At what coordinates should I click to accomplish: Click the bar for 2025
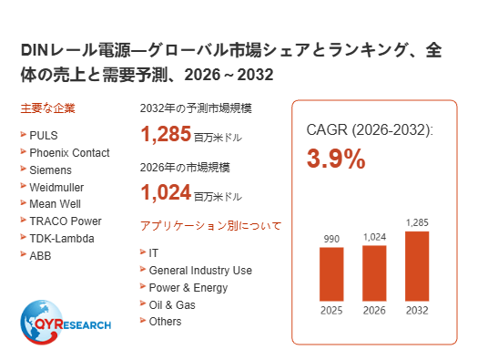[331, 274]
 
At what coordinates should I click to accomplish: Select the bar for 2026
[374, 273]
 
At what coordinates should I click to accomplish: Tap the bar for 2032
[417, 266]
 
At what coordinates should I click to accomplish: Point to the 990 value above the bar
[331, 239]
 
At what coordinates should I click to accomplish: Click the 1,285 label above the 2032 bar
[417, 222]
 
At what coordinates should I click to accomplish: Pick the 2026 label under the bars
[374, 311]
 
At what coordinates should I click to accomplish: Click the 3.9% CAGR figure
[336, 159]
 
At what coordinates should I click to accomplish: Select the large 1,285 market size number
[166, 134]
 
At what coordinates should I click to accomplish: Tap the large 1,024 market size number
[166, 193]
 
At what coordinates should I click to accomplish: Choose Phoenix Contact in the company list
[69, 152]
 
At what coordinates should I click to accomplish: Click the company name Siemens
[51, 170]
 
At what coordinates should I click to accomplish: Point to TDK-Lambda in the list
[62, 238]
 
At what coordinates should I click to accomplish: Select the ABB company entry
[40, 256]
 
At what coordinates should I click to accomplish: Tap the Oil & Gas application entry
[172, 304]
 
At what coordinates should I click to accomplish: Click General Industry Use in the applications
[200, 271]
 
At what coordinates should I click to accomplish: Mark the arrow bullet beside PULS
[23, 134]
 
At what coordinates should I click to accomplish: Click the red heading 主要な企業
[48, 108]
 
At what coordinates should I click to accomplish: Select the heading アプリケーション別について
[210, 226]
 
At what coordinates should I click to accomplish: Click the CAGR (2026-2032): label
[370, 130]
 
